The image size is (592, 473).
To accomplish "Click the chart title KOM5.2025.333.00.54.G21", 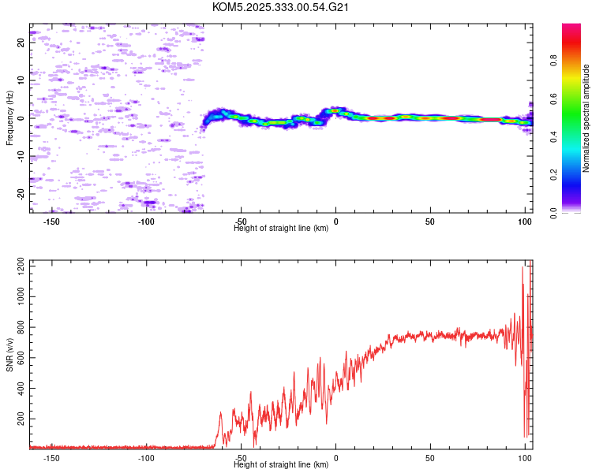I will click(x=281, y=7).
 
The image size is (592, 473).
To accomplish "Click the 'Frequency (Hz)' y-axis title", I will click(x=9, y=118).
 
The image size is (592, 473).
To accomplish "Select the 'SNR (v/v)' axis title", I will click(x=9, y=356).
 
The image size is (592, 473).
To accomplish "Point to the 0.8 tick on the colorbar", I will click(x=576, y=61).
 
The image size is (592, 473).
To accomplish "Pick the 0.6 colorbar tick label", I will click(x=576, y=99).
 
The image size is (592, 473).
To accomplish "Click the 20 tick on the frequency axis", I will click(x=21, y=43).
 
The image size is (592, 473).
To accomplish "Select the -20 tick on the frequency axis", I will click(x=21, y=193).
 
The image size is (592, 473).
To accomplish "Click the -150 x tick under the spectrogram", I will click(x=52, y=222).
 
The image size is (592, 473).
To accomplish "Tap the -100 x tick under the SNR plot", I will click(x=147, y=457).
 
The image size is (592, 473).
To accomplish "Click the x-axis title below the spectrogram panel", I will click(x=281, y=229).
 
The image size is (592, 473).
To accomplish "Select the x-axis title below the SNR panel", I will click(x=281, y=465).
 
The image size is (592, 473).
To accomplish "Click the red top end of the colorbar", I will click(x=571, y=27).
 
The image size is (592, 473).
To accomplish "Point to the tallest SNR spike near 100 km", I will click(x=523, y=267).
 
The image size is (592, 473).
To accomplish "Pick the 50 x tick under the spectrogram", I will click(x=430, y=222).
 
